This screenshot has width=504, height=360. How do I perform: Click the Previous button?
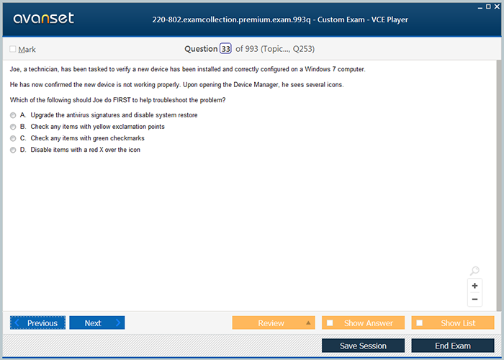(x=37, y=323)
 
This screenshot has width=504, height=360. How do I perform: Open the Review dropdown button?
(x=274, y=323)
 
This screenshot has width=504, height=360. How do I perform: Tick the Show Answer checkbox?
(x=330, y=323)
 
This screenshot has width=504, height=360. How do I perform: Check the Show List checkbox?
(x=420, y=323)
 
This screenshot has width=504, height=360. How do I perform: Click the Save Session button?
(x=363, y=346)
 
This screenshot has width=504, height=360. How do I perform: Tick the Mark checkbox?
(x=13, y=49)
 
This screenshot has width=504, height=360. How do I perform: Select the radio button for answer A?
(x=13, y=115)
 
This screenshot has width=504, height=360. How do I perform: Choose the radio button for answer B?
(x=13, y=127)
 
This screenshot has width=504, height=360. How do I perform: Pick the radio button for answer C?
(x=13, y=138)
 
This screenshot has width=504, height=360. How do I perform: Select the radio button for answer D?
(x=13, y=150)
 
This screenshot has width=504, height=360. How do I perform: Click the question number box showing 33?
(x=225, y=48)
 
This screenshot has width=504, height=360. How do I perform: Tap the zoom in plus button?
(x=474, y=286)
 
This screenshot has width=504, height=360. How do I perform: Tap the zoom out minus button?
(x=474, y=300)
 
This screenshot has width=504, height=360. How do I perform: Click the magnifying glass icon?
(x=474, y=271)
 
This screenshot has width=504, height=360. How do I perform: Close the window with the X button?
(x=497, y=6)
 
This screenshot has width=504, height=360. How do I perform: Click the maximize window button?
(x=488, y=6)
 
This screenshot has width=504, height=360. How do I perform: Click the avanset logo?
(x=44, y=18)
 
